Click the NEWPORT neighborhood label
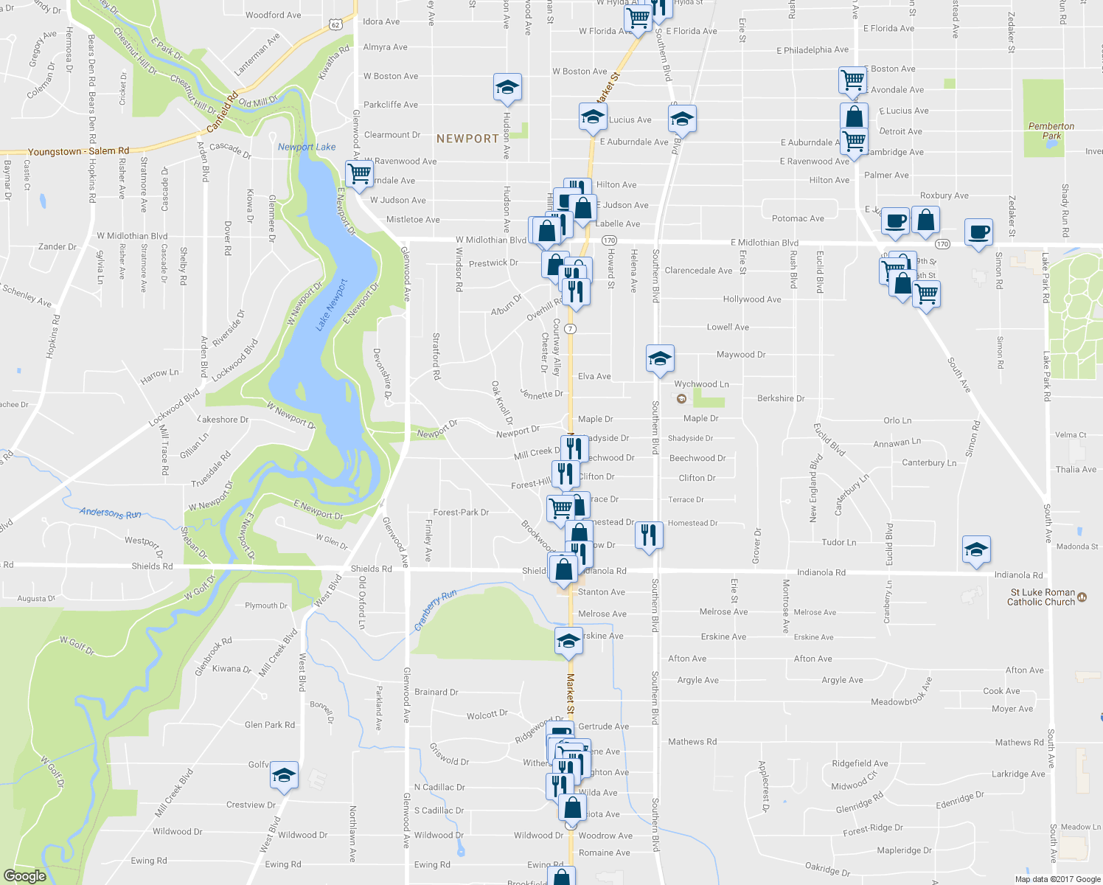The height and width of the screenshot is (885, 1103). (x=467, y=139)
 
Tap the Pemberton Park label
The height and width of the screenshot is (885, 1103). (x=1051, y=131)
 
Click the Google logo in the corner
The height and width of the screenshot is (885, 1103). (x=24, y=875)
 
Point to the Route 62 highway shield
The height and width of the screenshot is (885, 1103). (x=335, y=24)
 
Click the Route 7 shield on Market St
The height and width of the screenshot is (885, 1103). (x=571, y=328)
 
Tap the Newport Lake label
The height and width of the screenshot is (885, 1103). (x=307, y=147)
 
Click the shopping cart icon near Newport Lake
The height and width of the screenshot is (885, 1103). (x=359, y=174)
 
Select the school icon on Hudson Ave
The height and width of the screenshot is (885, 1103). (x=507, y=87)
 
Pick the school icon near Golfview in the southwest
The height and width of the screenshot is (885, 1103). (x=284, y=774)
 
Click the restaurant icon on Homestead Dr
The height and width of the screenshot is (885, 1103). (x=648, y=533)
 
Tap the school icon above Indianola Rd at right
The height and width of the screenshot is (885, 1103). (x=976, y=549)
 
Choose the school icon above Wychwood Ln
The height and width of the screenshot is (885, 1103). (x=659, y=358)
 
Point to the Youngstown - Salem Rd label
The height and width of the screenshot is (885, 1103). (x=78, y=151)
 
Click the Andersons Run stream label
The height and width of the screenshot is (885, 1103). (x=111, y=513)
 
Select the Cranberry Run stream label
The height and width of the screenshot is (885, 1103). (x=435, y=609)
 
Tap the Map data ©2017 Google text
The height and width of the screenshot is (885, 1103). (x=1057, y=879)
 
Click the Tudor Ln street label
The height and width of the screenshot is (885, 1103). (x=839, y=542)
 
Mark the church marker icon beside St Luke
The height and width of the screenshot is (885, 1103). (x=1082, y=597)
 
